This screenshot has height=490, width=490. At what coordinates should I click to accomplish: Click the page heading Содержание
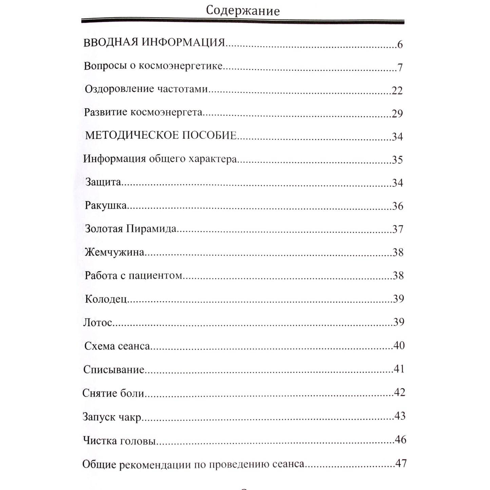pyautogui.click(x=243, y=11)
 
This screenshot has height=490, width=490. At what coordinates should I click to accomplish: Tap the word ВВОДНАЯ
pyautogui.click(x=111, y=42)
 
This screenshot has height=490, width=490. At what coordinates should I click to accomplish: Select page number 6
pyautogui.click(x=400, y=44)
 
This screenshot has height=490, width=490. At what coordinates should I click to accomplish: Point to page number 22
pyautogui.click(x=397, y=91)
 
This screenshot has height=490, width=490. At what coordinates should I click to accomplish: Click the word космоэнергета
pyautogui.click(x=166, y=112)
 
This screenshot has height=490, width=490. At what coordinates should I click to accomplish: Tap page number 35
pyautogui.click(x=397, y=160)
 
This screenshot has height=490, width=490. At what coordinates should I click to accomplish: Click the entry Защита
pyautogui.click(x=103, y=182)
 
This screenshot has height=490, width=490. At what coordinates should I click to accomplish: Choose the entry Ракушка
pyautogui.click(x=105, y=205)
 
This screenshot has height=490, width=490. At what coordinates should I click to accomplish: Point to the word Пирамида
pyautogui.click(x=151, y=229)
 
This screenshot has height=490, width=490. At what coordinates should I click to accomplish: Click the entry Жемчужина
pyautogui.click(x=114, y=252)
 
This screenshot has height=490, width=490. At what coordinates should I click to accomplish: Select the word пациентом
pyautogui.click(x=155, y=275)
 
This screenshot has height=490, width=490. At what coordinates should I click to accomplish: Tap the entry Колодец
pyautogui.click(x=105, y=299)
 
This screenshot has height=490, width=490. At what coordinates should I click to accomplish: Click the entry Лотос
pyautogui.click(x=98, y=322)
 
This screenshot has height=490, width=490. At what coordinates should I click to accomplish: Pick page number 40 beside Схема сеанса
pyautogui.click(x=399, y=346)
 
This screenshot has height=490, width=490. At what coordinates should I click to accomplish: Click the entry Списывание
pyautogui.click(x=114, y=369)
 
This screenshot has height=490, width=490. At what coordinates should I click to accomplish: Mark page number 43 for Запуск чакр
pyautogui.click(x=400, y=416)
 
